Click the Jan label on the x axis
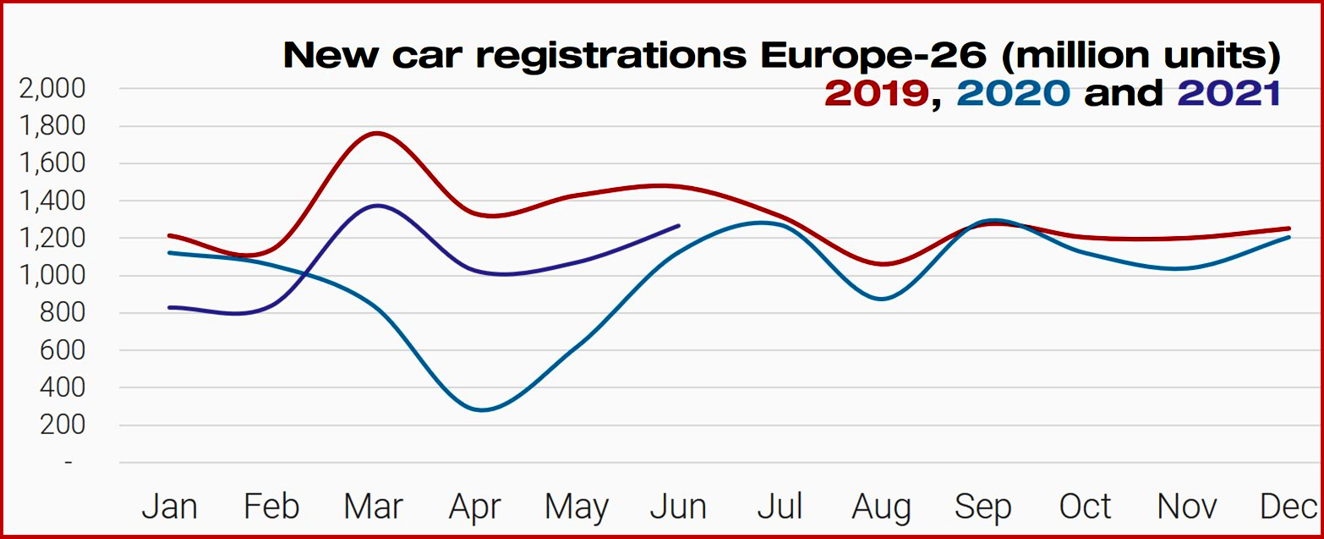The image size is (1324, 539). [169, 507]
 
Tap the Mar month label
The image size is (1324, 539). [374, 507]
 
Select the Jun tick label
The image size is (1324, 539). [678, 507]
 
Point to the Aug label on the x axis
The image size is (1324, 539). [882, 507]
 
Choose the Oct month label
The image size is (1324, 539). [1085, 507]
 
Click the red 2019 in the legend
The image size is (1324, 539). [876, 93]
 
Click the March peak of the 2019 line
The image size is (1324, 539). [375, 133]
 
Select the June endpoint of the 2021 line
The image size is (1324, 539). [679, 225]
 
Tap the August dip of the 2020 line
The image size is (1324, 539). [882, 299]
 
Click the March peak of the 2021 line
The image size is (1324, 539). [375, 206]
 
